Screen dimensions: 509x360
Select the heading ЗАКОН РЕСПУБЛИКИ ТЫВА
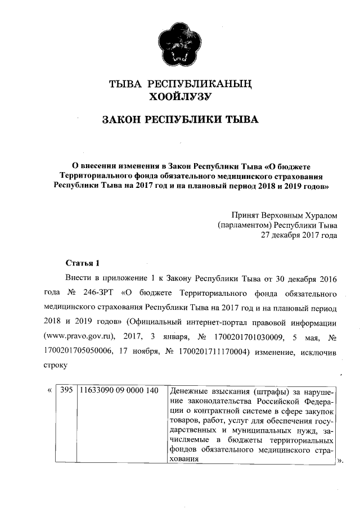(x=180, y=120)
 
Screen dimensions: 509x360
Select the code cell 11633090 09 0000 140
(x=118, y=390)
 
